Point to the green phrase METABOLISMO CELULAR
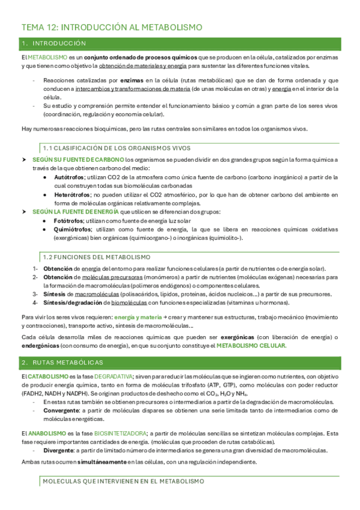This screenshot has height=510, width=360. pos(251,346)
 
